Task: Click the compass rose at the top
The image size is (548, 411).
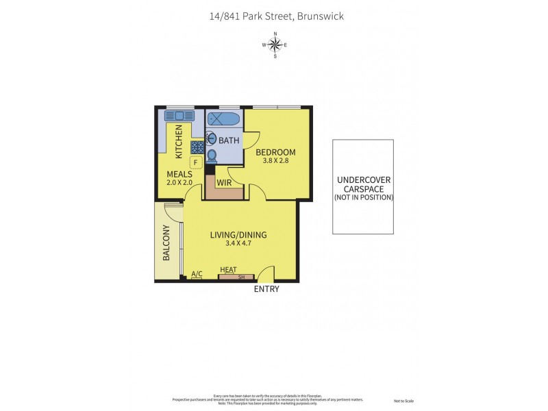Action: [275, 45]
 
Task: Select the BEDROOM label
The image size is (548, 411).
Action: [275, 152]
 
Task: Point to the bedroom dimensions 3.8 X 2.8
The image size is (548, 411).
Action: [275, 162]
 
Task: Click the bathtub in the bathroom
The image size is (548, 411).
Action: [223, 119]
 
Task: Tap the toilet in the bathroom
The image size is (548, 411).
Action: [212, 155]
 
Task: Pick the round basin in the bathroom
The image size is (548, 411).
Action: [211, 137]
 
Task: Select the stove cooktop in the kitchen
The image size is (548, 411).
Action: [197, 147]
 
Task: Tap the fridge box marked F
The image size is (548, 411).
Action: [195, 163]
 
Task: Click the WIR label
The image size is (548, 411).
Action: [223, 183]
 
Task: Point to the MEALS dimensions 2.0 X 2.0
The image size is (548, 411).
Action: [179, 184]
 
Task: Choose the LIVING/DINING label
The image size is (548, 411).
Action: [238, 235]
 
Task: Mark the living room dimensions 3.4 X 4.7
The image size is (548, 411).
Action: [238, 244]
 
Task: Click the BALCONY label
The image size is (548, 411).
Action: [166, 243]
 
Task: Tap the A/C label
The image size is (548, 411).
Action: [197, 274]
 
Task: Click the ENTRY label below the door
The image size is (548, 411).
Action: [266, 290]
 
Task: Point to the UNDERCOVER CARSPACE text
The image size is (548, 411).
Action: [364, 185]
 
